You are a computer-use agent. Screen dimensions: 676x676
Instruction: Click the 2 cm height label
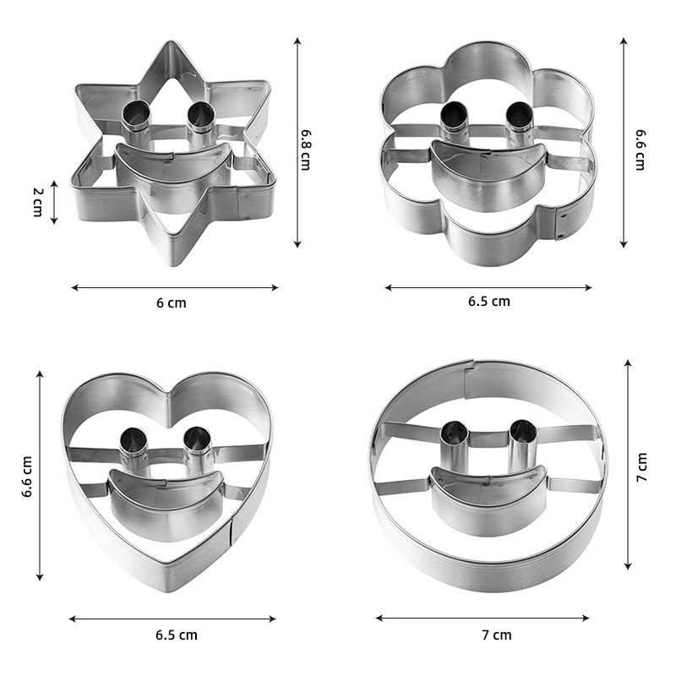pos(38,202)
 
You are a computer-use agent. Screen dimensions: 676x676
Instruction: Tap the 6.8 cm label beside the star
pos(306,150)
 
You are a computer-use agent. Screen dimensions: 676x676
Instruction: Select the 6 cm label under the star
pos(172,303)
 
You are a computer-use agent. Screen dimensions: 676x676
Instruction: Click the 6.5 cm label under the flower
pos(489,302)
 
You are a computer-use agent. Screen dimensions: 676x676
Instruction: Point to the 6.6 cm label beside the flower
pos(641,150)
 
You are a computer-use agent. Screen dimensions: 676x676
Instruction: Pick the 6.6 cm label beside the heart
pos(27,477)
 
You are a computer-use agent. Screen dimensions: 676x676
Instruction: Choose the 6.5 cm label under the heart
pos(177,635)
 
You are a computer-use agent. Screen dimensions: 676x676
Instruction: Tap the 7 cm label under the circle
pos(497,635)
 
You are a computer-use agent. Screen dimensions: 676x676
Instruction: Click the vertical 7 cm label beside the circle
pos(641,467)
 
